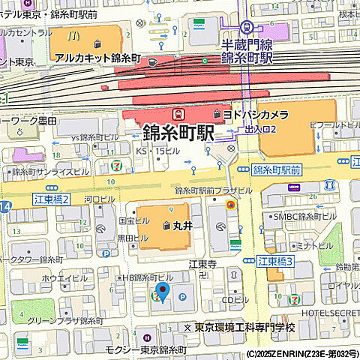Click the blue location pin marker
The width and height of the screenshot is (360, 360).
tap(162, 291)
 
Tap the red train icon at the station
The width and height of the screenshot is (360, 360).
tap(178, 114)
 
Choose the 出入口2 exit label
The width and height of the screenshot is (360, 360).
tap(262, 129)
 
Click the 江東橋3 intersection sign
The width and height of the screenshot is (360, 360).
tap(275, 261)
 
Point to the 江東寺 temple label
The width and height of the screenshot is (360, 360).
tap(202, 264)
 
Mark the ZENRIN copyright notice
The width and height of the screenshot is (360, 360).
tap(301, 354)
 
